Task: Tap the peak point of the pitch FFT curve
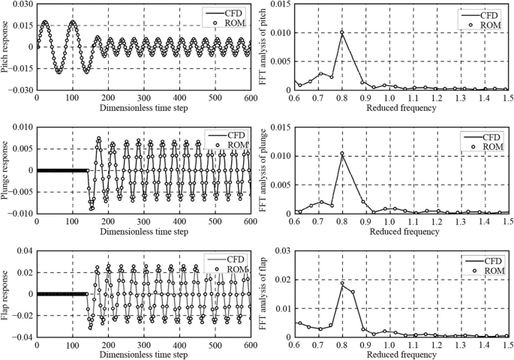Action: click(342, 31)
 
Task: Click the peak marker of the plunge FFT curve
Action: click(342, 154)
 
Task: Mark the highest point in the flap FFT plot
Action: click(342, 283)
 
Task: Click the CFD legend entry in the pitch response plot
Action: click(227, 13)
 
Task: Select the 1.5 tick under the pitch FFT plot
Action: click(507, 97)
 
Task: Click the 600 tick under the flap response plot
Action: click(249, 346)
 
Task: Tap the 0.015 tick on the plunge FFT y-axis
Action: click(278, 127)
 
